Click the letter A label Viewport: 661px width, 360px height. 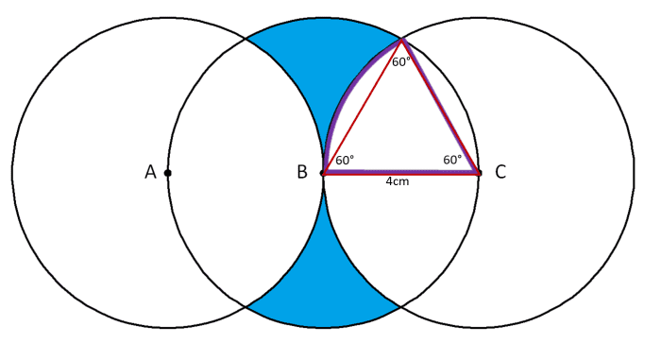pos(150,173)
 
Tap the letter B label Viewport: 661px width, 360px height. pos(301,173)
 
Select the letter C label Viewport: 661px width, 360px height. pos(500,172)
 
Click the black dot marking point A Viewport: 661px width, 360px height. pos(168,173)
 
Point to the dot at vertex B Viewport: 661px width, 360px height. pos(324,173)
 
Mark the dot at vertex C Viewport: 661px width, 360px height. pos(479,173)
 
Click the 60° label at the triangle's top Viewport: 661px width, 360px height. pos(401,62)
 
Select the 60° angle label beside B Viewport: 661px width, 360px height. pos(345,161)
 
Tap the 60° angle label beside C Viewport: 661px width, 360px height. pos(452,161)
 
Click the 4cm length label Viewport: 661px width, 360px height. pos(398,182)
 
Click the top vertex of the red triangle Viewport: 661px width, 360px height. pos(402,39)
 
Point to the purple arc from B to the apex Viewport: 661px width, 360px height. pos(340,94)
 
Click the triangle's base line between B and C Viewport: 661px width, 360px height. pos(401,173)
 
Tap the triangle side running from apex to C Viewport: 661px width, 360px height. pos(441,106)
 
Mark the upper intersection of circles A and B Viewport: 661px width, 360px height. pos(246,39)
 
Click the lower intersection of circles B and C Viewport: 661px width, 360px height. pos(401,307)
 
